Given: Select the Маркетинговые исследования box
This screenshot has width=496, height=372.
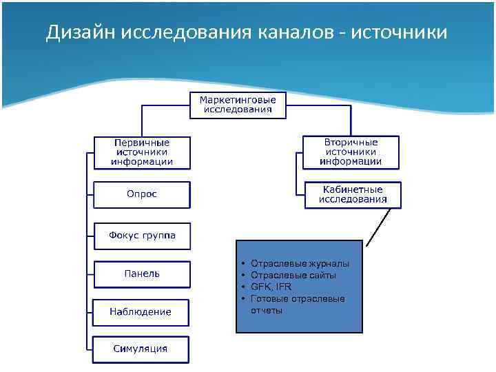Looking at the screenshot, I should [238, 105].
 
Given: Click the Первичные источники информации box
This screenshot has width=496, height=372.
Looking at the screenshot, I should [142, 152].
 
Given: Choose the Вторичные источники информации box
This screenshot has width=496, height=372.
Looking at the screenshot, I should [351, 152].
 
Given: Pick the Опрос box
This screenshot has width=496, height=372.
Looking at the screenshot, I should [142, 194].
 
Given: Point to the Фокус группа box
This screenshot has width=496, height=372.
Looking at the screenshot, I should [142, 236].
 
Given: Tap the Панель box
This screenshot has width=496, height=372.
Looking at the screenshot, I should [142, 273].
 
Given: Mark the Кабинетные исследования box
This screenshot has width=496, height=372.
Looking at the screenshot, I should [353, 195].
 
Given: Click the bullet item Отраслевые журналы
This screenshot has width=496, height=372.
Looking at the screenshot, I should [300, 263].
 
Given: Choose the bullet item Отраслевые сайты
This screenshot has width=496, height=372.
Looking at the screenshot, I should [294, 275].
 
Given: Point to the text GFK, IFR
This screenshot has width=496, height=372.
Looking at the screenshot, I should [271, 287].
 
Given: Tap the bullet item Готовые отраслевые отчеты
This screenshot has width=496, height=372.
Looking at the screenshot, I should [298, 304].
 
